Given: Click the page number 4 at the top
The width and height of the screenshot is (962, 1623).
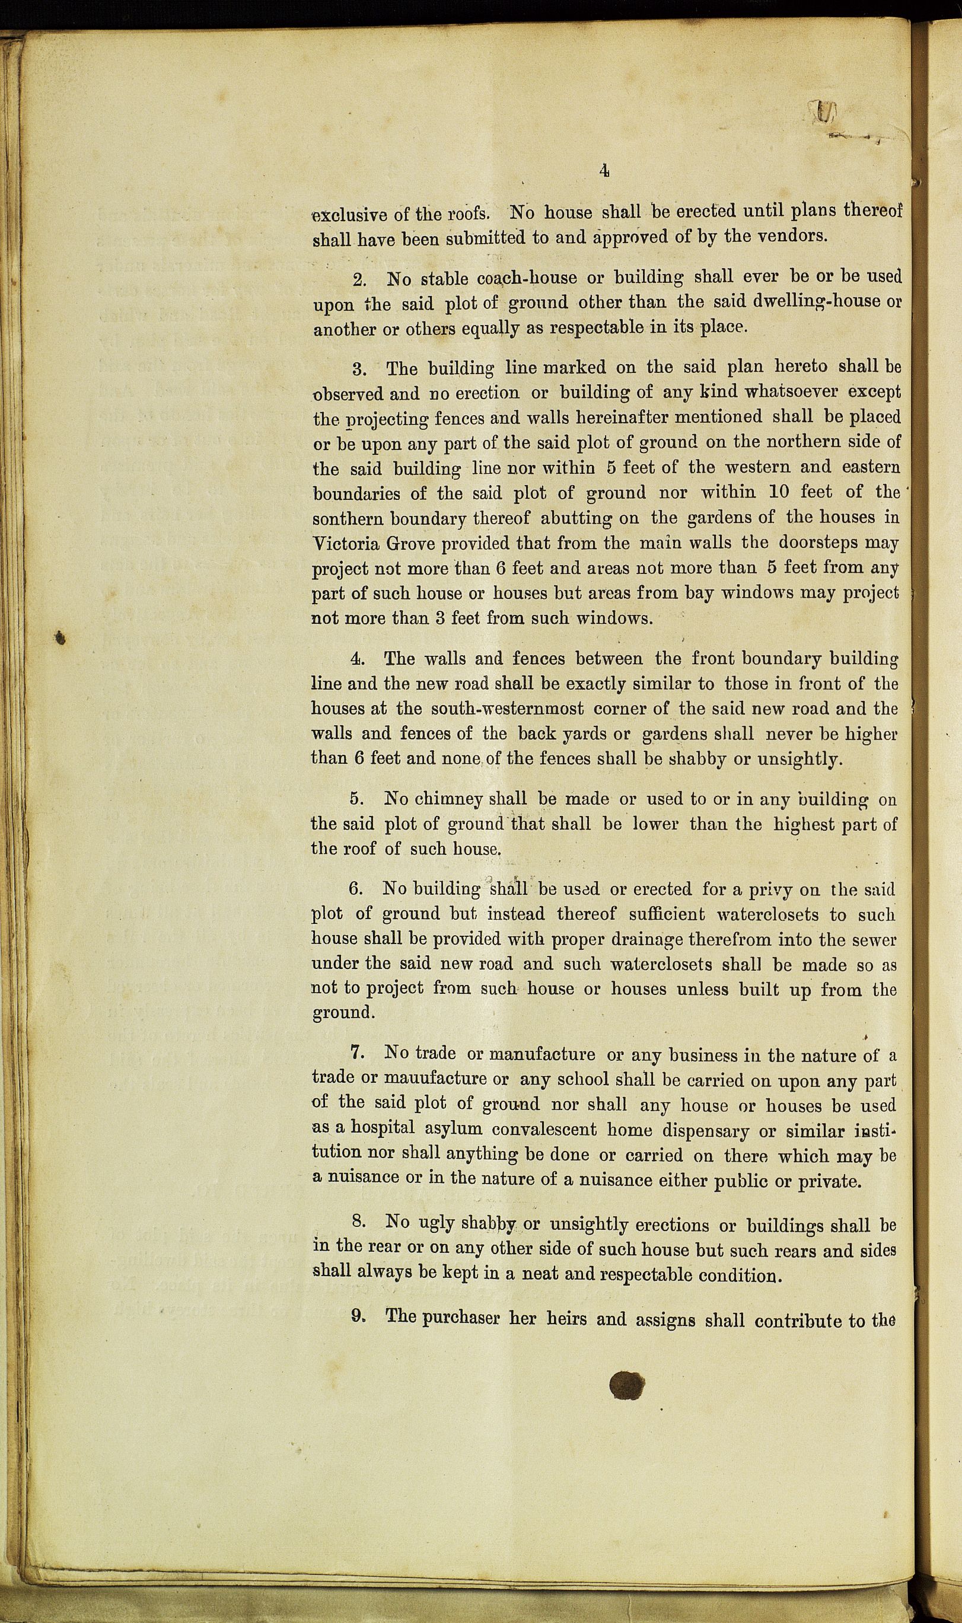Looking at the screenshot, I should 604,170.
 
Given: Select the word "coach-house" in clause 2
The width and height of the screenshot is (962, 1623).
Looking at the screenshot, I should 527,278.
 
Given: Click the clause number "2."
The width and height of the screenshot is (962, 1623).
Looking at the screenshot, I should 361,280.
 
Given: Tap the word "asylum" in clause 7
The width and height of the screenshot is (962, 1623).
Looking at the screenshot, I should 453,1128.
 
